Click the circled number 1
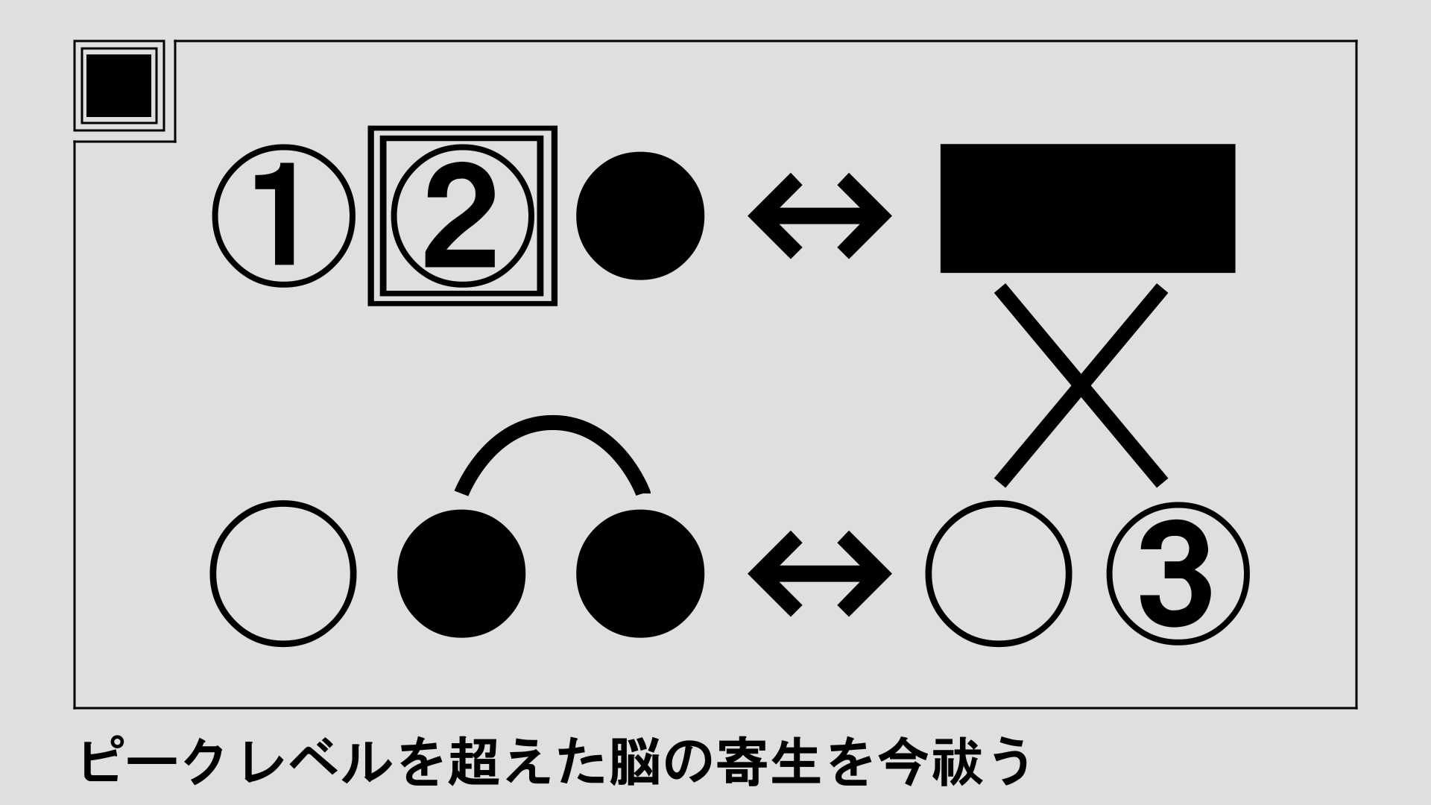point(283,216)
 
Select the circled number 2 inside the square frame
point(463,216)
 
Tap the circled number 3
point(1178,574)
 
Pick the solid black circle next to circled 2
point(641,216)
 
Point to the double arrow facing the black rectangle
point(820,216)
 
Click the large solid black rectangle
point(1087,209)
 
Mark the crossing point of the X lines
point(1081,385)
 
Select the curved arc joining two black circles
point(552,422)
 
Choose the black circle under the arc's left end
point(462,574)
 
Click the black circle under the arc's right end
point(641,574)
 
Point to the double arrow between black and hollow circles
point(820,574)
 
